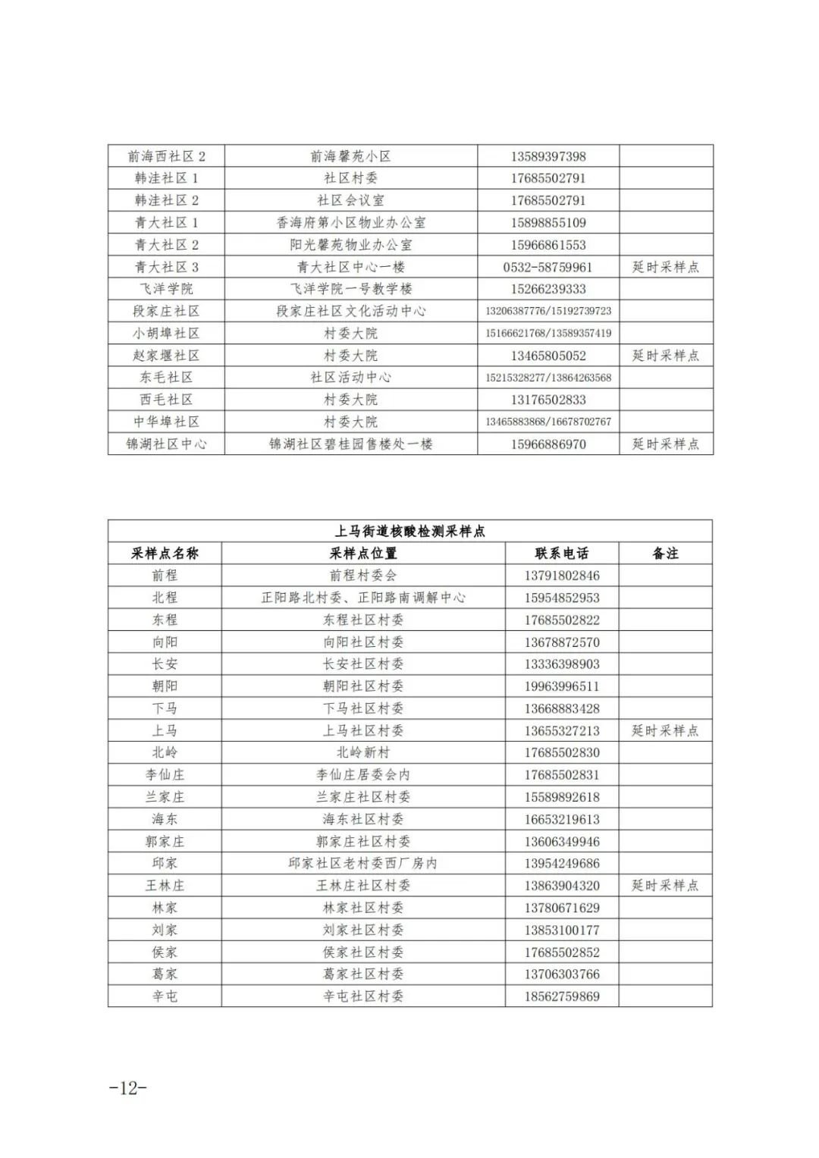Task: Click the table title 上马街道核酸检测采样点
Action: tap(409, 531)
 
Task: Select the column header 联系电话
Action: tap(561, 554)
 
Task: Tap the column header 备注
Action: tap(665, 554)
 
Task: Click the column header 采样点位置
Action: tap(363, 554)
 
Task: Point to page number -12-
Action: tap(127, 1087)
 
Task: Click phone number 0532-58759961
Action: tap(548, 267)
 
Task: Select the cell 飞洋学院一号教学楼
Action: tap(350, 289)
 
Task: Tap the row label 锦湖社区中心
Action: tap(166, 444)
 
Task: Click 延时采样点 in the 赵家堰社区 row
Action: tap(665, 355)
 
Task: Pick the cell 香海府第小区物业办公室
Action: tap(350, 223)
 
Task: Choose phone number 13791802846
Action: tap(561, 576)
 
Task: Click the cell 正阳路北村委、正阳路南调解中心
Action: tap(363, 598)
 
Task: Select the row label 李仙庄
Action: tap(165, 774)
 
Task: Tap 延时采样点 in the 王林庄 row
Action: tap(665, 885)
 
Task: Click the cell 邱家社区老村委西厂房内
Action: tap(363, 863)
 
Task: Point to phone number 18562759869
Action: tap(561, 996)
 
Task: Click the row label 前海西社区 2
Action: tap(166, 156)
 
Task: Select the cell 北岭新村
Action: tap(363, 752)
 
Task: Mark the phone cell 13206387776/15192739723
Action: tap(548, 311)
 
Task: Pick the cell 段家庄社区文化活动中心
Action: tap(350, 311)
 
